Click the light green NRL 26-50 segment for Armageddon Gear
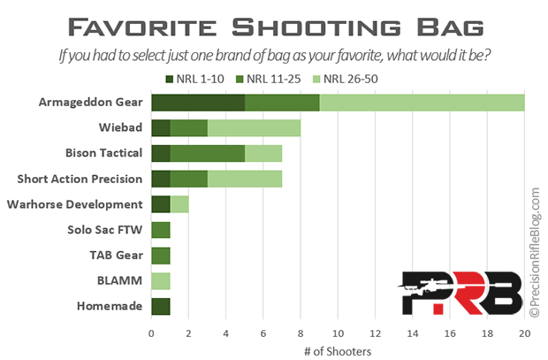coord(422,103)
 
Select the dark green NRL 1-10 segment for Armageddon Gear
coord(198,103)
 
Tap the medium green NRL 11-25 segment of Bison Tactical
coord(208,154)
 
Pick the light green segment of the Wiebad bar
coord(254,128)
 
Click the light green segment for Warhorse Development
coord(179,204)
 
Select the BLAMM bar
coord(161,281)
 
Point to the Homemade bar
coord(161,306)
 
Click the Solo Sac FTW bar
coord(161,230)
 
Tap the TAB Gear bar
coord(161,256)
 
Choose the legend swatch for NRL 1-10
coord(170,79)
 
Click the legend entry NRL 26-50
coord(346,79)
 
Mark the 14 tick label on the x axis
coord(413,333)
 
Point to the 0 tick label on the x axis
coord(151,333)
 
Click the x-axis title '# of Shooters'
coord(338,351)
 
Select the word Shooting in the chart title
coord(316,27)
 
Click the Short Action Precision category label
coord(80,180)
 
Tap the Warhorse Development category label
coord(75,204)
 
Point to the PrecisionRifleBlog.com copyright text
coord(535,253)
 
